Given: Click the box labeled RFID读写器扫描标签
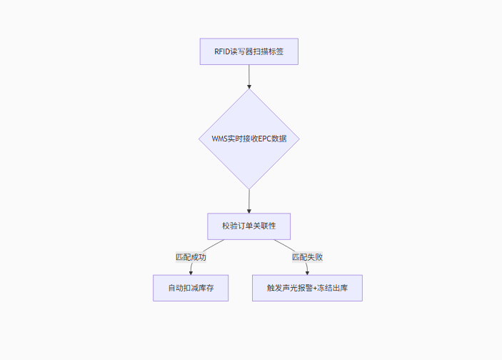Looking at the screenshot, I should [x=249, y=51].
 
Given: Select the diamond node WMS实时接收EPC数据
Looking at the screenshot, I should [x=249, y=139].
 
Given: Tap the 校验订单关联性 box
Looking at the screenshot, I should [x=249, y=226].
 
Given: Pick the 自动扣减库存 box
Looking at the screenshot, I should [x=191, y=288].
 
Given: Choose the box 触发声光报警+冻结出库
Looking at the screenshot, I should [x=307, y=288].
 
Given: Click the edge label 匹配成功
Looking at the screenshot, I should [x=191, y=256].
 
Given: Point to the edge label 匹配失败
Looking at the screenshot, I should [x=307, y=256].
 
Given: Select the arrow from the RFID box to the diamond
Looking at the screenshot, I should [x=249, y=76].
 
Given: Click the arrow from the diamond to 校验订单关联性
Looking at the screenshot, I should [x=249, y=201].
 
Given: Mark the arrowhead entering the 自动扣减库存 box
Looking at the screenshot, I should [x=191, y=272].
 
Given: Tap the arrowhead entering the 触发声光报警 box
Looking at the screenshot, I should [x=307, y=272].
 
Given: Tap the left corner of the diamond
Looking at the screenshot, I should [x=199, y=139].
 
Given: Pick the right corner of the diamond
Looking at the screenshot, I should [x=298, y=139].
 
